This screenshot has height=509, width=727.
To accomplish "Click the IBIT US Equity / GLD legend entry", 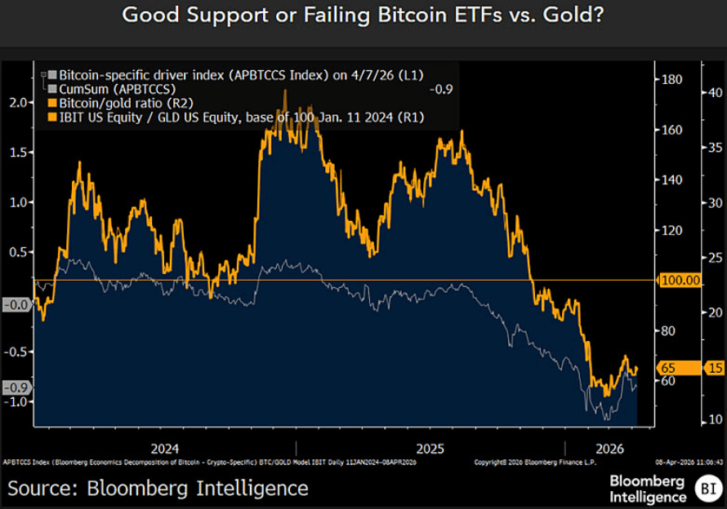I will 237,118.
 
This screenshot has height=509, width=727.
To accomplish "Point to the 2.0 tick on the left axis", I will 16,102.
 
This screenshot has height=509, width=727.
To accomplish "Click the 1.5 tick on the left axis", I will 16,153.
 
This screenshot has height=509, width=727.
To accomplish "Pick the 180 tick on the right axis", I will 671,80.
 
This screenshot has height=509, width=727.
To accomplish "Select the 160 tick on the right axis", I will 671,131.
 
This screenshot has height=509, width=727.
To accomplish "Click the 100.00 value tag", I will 680,280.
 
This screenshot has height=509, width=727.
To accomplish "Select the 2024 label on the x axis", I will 166,448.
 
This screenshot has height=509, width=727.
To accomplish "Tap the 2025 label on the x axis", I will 430,448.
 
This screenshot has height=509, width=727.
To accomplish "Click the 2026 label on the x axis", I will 609,448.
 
